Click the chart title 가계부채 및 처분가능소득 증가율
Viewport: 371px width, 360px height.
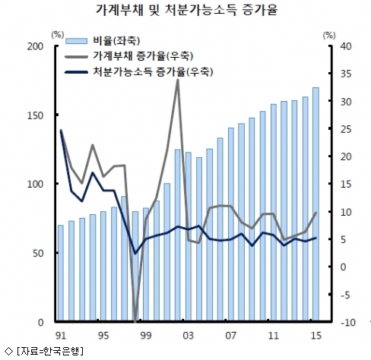tap(186, 10)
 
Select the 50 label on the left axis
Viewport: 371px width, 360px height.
tap(38, 253)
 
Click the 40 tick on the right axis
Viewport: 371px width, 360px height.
tap(346, 46)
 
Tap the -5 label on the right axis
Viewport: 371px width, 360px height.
tap(345, 295)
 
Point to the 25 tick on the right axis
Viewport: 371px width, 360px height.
tap(346, 129)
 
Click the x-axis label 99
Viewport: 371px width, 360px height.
tap(146, 336)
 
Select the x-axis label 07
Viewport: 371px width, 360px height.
tap(230, 336)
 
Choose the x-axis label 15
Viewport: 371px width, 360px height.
tap(316, 336)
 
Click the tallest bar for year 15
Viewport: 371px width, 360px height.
tap(316, 204)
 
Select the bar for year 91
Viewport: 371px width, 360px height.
tap(61, 273)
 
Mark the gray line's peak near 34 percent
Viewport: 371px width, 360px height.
tap(178, 80)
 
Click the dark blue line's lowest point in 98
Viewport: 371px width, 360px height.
tap(135, 253)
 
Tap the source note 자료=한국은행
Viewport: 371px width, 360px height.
tap(50, 352)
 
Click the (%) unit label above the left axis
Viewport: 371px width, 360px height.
tap(58, 35)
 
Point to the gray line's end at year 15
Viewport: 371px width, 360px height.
tap(316, 213)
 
